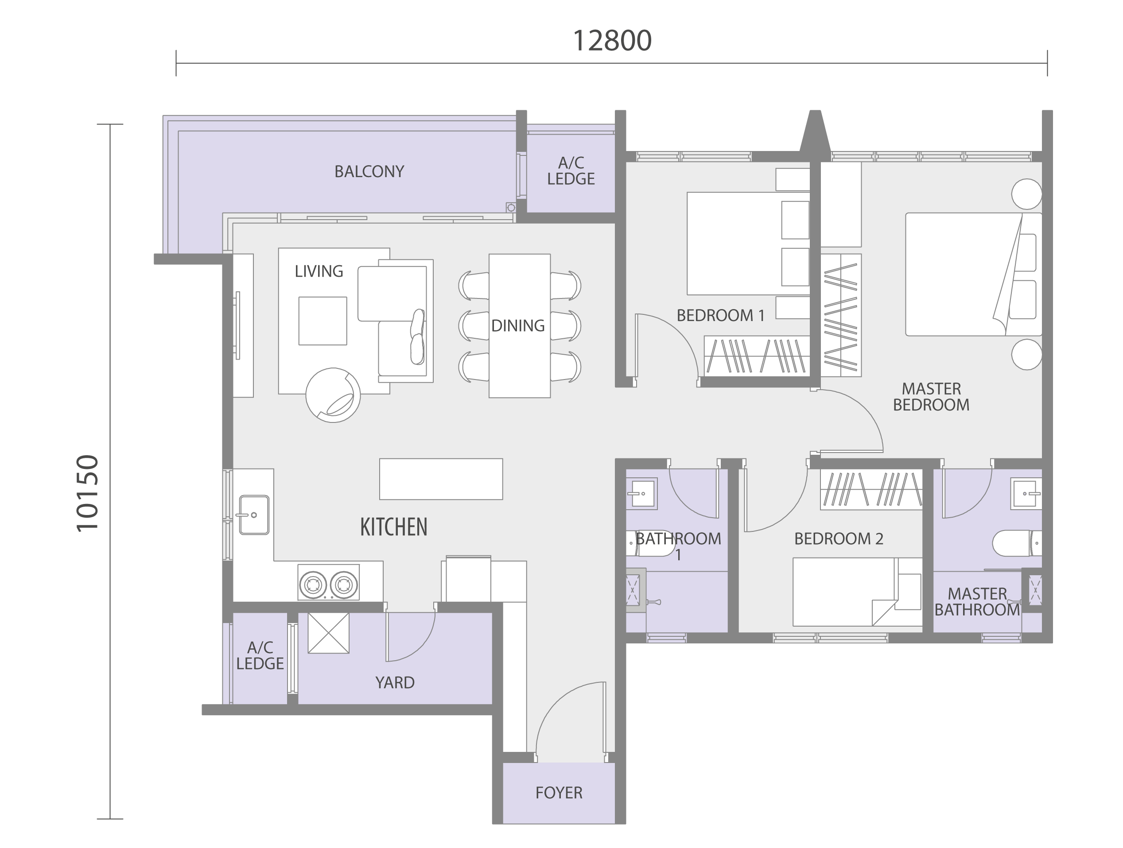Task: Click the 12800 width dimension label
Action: pyautogui.click(x=612, y=41)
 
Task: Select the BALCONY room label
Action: pyautogui.click(x=369, y=171)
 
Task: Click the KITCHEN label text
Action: pyautogui.click(x=394, y=527)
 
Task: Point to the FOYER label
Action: pyautogui.click(x=559, y=793)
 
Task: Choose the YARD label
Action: pyautogui.click(x=395, y=682)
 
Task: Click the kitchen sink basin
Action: pyautogui.click(x=254, y=515)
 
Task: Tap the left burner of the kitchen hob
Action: pyautogui.click(x=313, y=585)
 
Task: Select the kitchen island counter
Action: pyautogui.click(x=441, y=479)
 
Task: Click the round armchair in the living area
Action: pyautogui.click(x=333, y=395)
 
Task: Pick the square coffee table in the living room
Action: pyautogui.click(x=323, y=321)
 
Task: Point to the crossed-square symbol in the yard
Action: pyautogui.click(x=328, y=633)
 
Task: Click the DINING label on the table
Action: pyautogui.click(x=518, y=326)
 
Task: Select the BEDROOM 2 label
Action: pyautogui.click(x=839, y=538)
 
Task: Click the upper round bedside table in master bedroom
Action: pyautogui.click(x=1026, y=194)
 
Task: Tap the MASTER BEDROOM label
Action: pyautogui.click(x=931, y=397)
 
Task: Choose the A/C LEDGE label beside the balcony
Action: pyautogui.click(x=571, y=171)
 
